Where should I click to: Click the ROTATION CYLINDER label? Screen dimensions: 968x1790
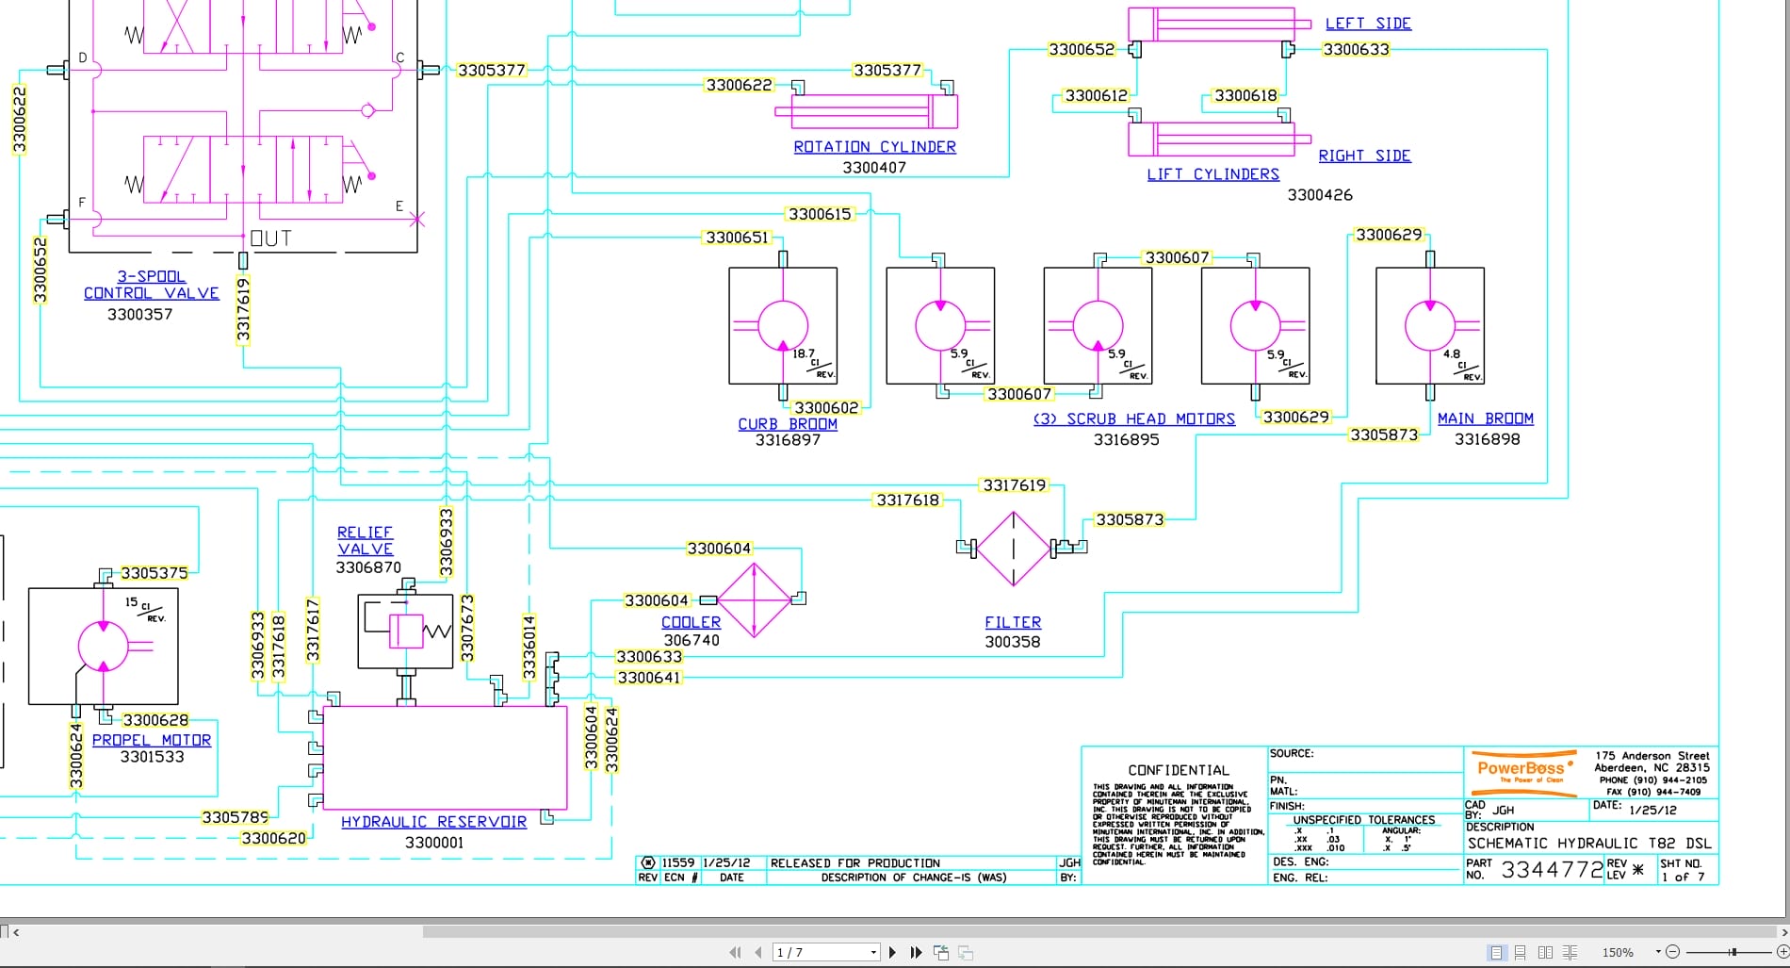(874, 147)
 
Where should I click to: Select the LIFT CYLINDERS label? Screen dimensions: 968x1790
(1212, 174)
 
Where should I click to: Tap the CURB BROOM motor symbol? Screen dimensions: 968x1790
(783, 326)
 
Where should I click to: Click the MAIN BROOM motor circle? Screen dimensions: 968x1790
(1430, 326)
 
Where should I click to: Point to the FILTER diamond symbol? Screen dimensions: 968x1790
(1014, 549)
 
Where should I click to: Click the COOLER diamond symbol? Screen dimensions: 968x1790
(754, 600)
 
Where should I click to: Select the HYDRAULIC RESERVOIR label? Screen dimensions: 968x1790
(433, 822)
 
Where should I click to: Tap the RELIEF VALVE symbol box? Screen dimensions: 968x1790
(406, 632)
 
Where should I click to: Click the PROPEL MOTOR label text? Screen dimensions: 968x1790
(152, 741)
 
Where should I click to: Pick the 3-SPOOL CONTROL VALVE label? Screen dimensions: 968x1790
(151, 285)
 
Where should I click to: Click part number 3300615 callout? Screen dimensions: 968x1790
(820, 214)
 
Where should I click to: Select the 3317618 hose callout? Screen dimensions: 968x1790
(907, 500)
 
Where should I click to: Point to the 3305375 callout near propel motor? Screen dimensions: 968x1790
(154, 573)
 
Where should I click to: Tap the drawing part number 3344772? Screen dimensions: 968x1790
(1552, 869)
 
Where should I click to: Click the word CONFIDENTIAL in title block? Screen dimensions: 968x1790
(1179, 770)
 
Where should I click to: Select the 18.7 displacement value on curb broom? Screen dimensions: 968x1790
(803, 353)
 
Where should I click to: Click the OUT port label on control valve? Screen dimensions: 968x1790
(271, 238)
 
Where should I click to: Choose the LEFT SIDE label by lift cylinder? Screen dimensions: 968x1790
(1368, 24)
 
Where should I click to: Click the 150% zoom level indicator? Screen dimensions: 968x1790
(1618, 953)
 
